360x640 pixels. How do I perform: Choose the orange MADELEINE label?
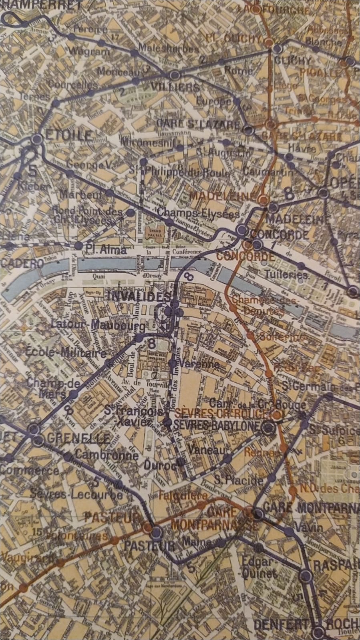click(x=222, y=196)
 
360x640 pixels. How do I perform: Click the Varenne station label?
click(x=199, y=364)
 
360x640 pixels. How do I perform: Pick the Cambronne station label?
click(x=107, y=455)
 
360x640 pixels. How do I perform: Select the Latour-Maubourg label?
click(x=99, y=325)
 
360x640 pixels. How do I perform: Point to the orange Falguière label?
click(x=183, y=496)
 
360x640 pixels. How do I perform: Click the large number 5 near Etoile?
click(x=32, y=171)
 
